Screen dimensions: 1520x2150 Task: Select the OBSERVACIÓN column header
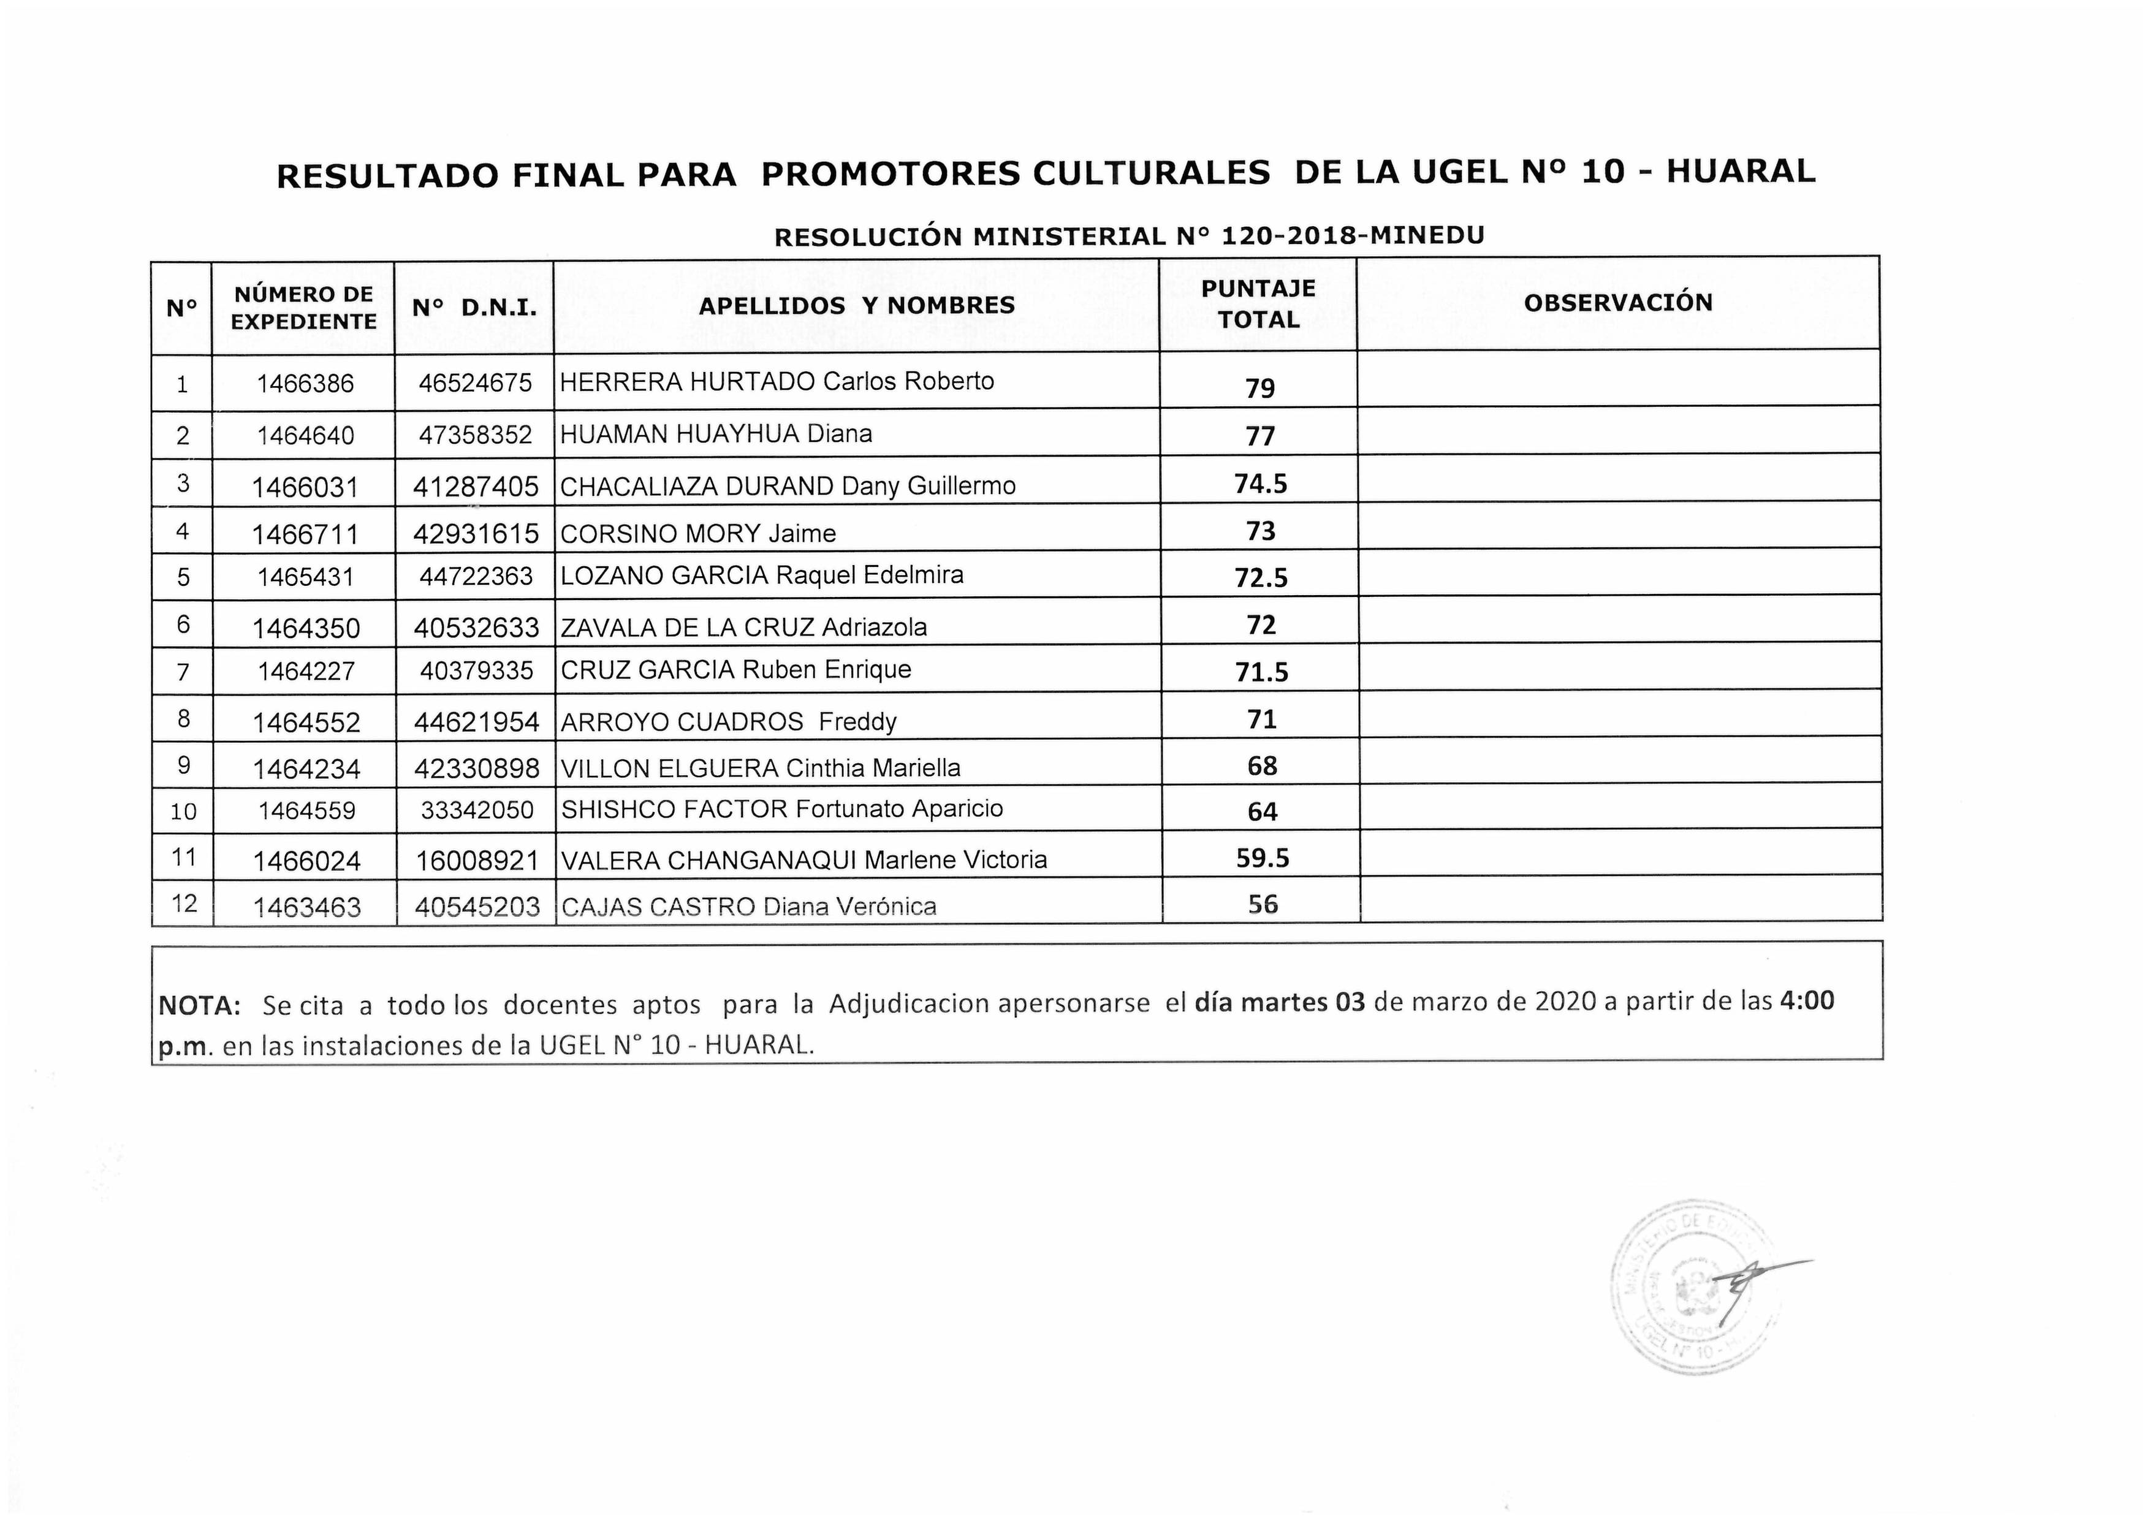click(1618, 303)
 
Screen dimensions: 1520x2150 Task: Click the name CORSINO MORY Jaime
click(697, 534)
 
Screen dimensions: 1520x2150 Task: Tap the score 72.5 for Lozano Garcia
click(1261, 578)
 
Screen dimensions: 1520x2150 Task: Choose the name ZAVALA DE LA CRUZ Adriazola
click(743, 628)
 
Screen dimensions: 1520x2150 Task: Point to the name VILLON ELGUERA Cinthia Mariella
click(761, 768)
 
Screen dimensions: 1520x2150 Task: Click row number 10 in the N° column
click(183, 811)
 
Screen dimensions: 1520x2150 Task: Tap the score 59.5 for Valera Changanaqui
click(1261, 858)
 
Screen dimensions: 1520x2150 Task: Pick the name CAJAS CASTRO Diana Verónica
click(748, 906)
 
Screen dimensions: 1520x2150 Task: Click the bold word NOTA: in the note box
click(199, 1006)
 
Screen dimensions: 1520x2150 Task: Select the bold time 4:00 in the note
click(1806, 1001)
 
